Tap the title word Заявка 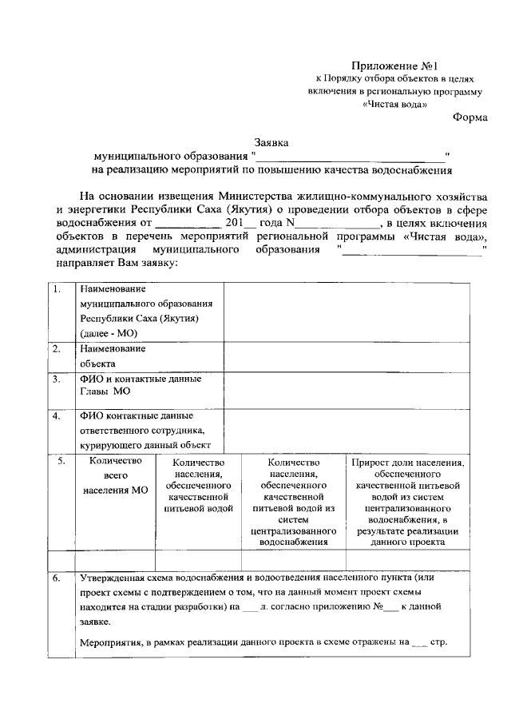coord(271,142)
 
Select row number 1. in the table coord(56,289)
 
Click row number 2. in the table coord(56,348)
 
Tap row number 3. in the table coord(56,379)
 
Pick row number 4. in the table coord(56,415)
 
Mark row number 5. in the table coord(61,461)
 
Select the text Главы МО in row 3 coord(105,391)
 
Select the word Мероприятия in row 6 coord(112,642)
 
